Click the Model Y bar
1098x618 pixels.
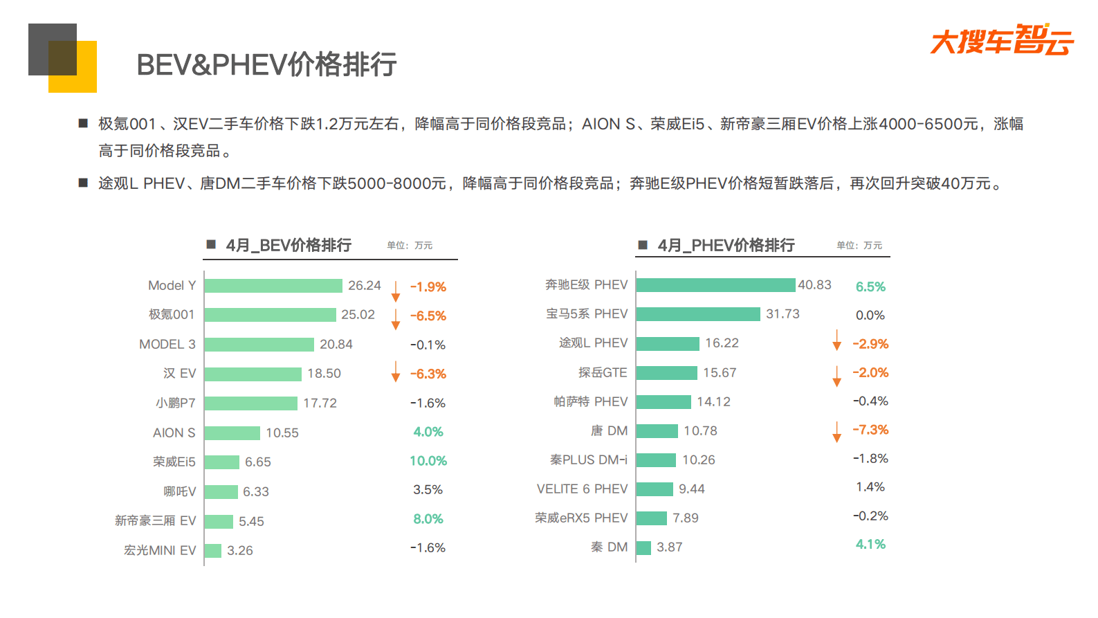pos(273,286)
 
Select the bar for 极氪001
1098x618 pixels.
pos(270,315)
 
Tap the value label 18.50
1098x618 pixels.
pos(324,374)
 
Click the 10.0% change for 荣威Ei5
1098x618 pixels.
pos(428,461)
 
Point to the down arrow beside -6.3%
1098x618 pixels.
pos(396,372)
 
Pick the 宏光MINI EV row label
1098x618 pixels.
pos(160,551)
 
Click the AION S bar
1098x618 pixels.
pos(232,433)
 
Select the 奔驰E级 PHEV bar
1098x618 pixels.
pos(715,285)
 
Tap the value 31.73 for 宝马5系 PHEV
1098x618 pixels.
pos(783,314)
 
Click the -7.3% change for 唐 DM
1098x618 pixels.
pos(870,430)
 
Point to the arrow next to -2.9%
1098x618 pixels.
pos(837,340)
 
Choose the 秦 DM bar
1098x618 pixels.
pos(643,547)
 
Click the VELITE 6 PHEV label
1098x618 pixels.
pos(582,489)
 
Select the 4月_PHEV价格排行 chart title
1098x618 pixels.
pos(726,246)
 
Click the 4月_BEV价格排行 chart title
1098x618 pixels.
pos(289,246)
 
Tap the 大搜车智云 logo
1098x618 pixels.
pos(1001,40)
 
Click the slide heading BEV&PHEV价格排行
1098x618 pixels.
pos(266,65)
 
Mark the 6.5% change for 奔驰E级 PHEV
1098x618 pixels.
pos(870,287)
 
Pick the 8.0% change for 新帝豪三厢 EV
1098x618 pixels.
pos(428,519)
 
